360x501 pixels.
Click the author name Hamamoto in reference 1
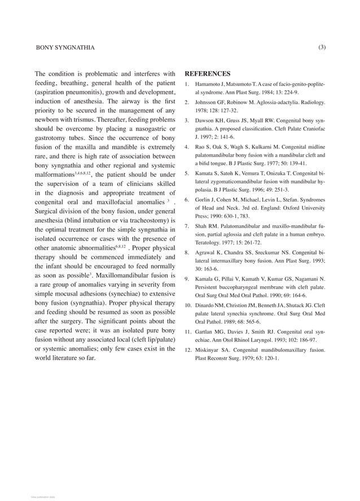tap(209, 84)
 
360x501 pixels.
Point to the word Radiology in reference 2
tap(311, 102)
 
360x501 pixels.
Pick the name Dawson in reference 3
tap(207, 120)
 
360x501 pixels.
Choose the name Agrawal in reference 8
tap(207, 252)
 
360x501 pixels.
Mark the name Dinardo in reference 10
tap(207, 305)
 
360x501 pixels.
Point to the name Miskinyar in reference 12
tap(209, 350)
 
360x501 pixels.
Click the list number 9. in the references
tap(188, 278)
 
